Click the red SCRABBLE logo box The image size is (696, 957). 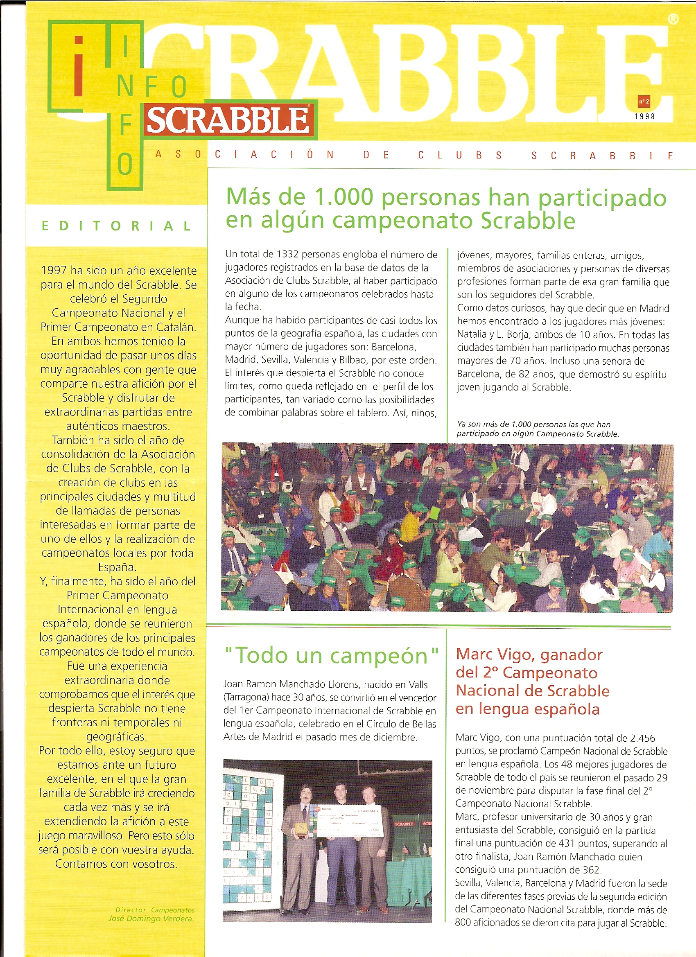tap(228, 120)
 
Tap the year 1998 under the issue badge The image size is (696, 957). tap(644, 117)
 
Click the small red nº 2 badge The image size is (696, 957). tap(644, 102)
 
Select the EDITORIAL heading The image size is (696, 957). tap(117, 226)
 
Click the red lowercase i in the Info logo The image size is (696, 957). tap(79, 67)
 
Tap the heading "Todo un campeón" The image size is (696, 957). tap(331, 656)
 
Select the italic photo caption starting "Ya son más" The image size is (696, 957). tap(537, 429)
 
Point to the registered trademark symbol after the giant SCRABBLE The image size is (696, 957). tap(673, 19)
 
